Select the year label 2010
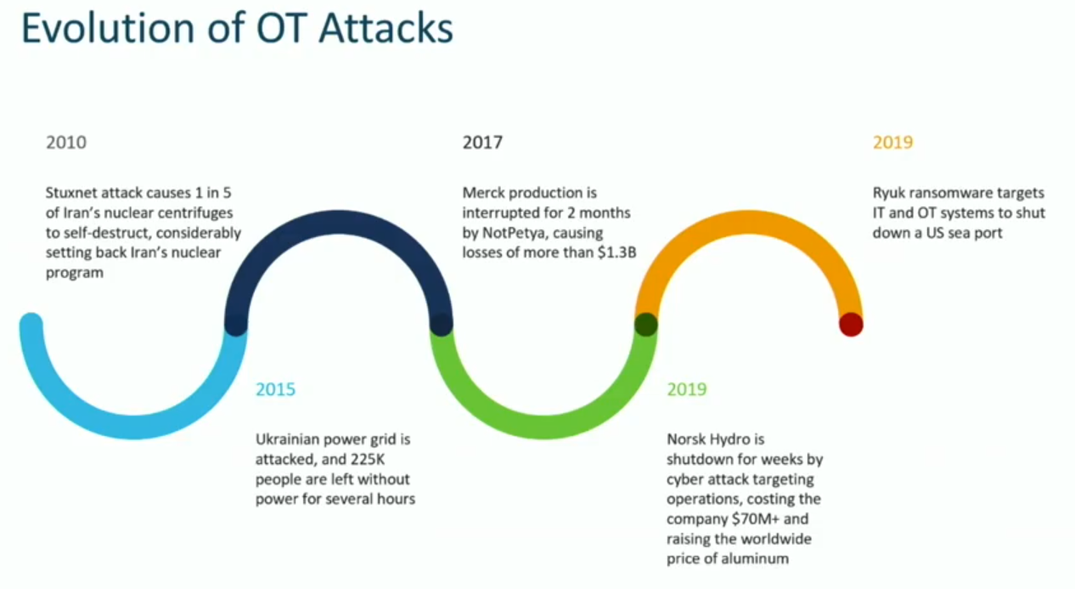pos(66,142)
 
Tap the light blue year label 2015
pos(276,390)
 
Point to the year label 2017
pos(482,142)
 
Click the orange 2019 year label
pos(892,142)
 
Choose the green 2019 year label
pos(687,389)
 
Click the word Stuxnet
pos(72,193)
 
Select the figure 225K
pos(391,460)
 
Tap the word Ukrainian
pos(290,440)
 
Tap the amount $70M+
pos(752,519)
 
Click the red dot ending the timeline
pos(851,325)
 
